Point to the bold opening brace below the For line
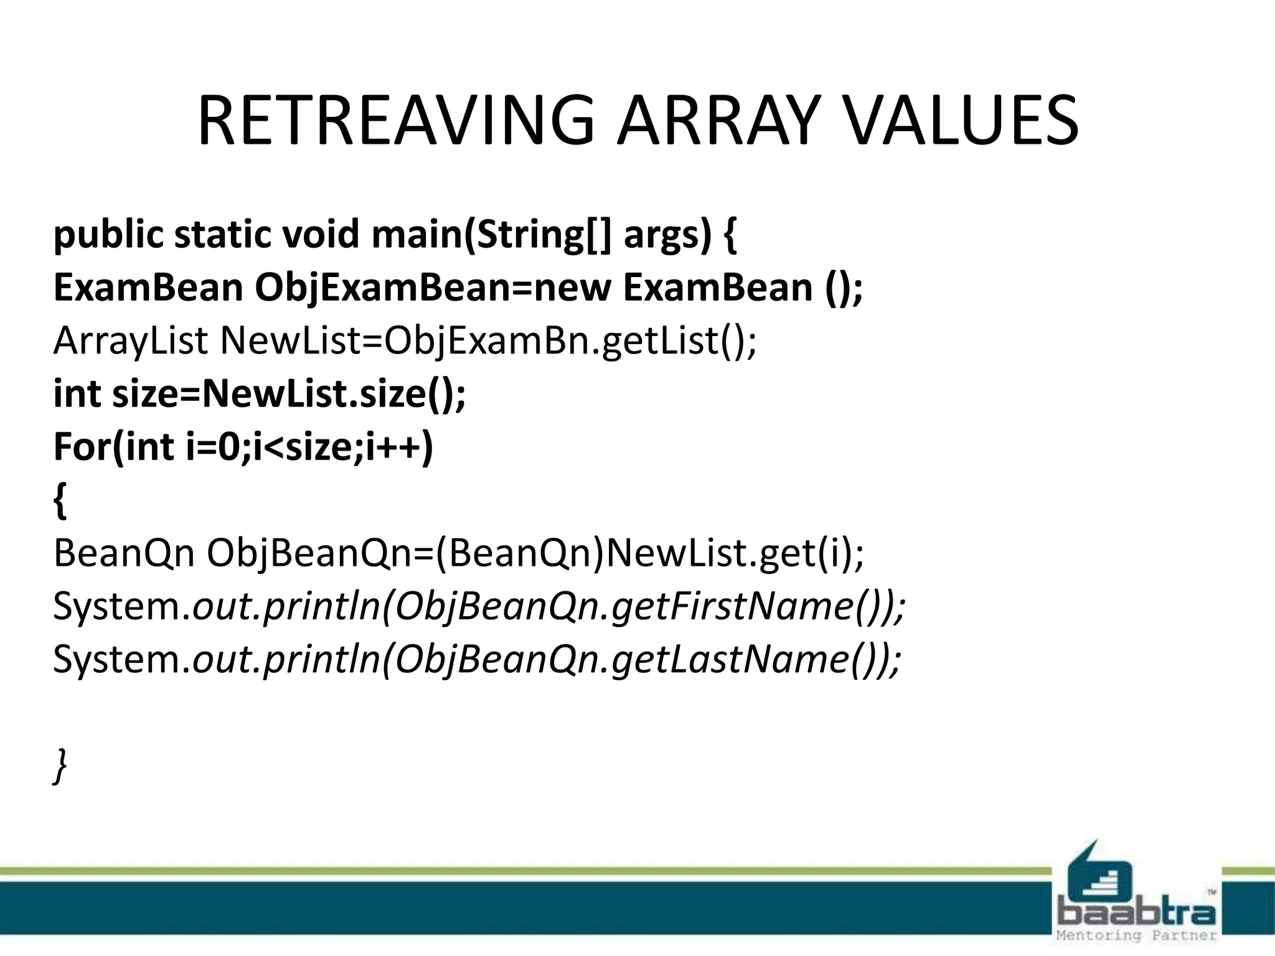[60, 502]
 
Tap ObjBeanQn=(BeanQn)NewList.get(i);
[535, 553]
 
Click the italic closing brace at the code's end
[60, 766]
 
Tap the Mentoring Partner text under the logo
[1136, 935]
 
